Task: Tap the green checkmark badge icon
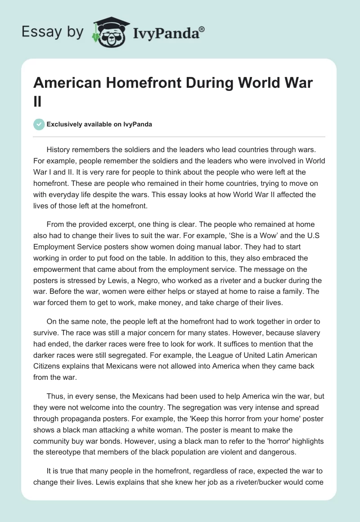pyautogui.click(x=40, y=124)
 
